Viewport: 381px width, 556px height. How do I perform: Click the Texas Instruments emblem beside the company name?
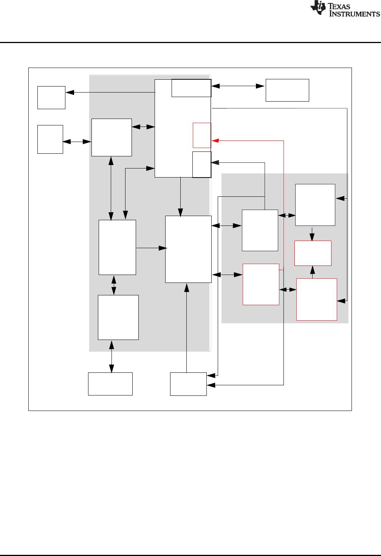pyautogui.click(x=318, y=8)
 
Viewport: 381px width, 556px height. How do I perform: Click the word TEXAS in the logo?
pyautogui.click(x=339, y=6)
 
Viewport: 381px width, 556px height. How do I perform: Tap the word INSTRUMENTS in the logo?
pyautogui.click(x=354, y=14)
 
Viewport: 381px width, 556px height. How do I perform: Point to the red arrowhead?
pyautogui.click(x=215, y=141)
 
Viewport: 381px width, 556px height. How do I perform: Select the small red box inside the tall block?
pyautogui.click(x=202, y=135)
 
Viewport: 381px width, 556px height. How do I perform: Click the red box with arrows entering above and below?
pyautogui.click(x=313, y=253)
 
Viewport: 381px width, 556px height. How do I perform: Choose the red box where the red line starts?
pyautogui.click(x=261, y=284)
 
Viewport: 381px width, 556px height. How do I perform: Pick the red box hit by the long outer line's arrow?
pyautogui.click(x=317, y=300)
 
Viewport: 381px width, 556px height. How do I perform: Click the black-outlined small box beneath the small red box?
pyautogui.click(x=202, y=164)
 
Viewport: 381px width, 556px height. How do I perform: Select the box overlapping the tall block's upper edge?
pyautogui.click(x=191, y=88)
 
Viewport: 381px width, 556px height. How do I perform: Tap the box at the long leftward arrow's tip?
pyautogui.click(x=51, y=97)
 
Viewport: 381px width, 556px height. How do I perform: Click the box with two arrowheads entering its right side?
pyautogui.click(x=188, y=384)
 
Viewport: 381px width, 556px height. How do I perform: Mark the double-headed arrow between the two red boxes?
pyautogui.click(x=288, y=290)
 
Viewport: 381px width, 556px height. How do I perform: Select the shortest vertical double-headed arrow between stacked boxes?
pyautogui.click(x=114, y=285)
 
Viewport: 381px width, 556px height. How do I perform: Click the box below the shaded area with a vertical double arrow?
pyautogui.click(x=110, y=384)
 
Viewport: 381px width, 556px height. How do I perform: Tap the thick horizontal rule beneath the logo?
pyautogui.click(x=190, y=42)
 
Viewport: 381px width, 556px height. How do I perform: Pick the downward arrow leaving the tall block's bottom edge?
pyautogui.click(x=181, y=196)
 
